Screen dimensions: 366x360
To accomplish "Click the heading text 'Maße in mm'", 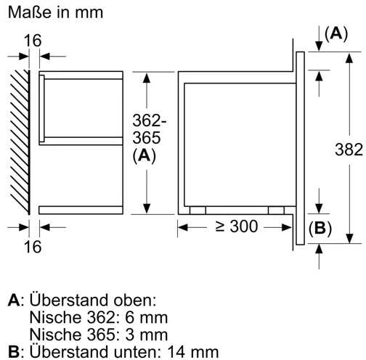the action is point(56,12).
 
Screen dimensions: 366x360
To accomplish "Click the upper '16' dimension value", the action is point(33,41).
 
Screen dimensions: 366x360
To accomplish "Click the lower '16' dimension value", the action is point(33,247).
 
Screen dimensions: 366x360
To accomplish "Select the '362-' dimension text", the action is point(150,120).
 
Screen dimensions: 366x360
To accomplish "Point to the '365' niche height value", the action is point(147,138).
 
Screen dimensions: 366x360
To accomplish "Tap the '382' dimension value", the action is point(349,150).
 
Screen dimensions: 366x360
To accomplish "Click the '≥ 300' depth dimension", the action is point(237,226).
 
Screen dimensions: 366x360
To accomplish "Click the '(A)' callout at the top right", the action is point(336,33).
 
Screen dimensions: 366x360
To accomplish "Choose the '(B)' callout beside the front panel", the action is point(320,228).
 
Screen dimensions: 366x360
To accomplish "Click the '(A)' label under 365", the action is point(145,155).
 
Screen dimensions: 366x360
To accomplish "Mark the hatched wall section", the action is point(20,142).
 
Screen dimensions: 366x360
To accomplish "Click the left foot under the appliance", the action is point(198,210).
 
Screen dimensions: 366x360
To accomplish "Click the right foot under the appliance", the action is point(276,210).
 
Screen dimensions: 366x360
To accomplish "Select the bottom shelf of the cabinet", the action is point(81,210).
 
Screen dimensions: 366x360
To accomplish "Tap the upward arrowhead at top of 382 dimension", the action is point(349,59).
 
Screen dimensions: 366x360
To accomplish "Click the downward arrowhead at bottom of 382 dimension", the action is point(349,238).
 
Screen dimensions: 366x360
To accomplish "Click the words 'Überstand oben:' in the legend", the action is point(93,300).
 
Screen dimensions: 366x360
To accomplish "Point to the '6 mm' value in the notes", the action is point(147,317).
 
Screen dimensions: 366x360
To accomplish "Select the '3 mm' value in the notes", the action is point(147,335).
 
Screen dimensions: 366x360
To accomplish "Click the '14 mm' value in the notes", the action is point(193,352).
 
